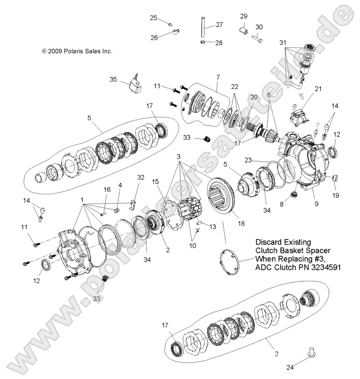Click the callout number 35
(x=113, y=79)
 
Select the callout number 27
(x=219, y=25)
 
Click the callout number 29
(x=243, y=16)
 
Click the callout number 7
(x=218, y=77)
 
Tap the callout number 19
(x=336, y=196)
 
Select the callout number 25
(x=153, y=18)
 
